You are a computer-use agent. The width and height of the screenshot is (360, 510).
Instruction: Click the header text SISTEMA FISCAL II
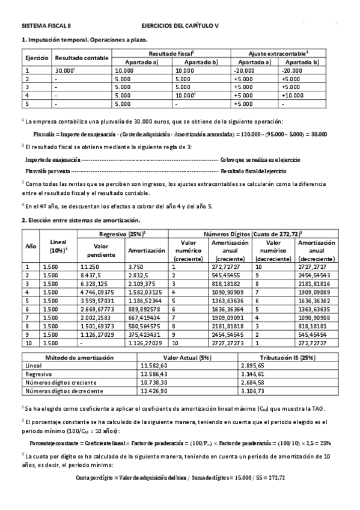point(46,26)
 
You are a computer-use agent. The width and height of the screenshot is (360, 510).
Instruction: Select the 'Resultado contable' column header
point(82,58)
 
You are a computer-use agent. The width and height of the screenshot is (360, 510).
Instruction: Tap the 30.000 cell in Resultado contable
point(64,70)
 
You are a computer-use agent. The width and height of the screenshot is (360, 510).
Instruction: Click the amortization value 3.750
point(136,266)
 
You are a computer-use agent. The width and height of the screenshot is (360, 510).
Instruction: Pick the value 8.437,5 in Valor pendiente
point(90,274)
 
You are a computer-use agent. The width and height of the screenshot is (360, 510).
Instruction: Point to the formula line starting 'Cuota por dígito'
point(180,478)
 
